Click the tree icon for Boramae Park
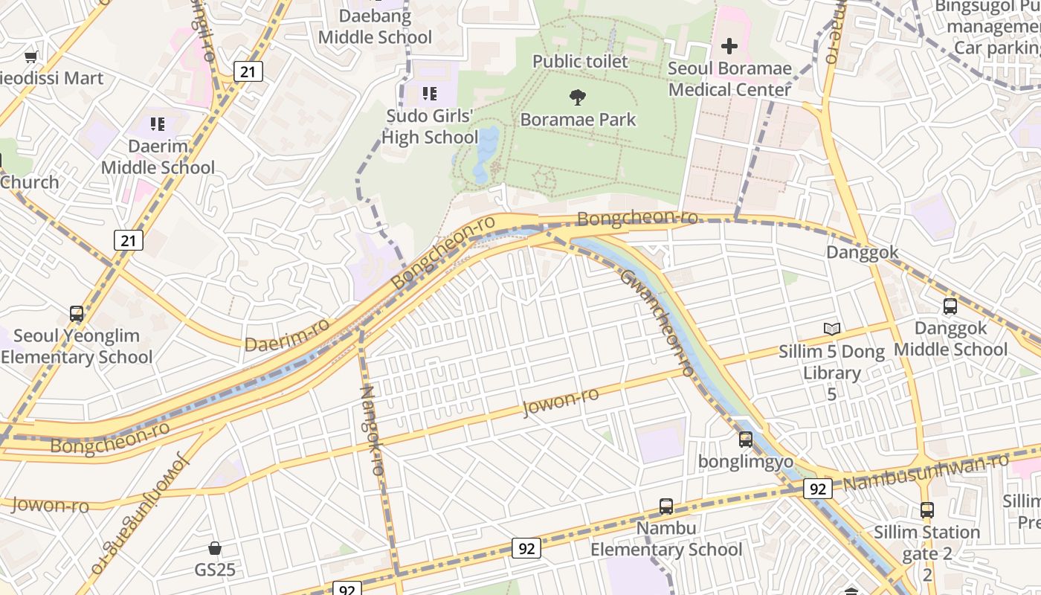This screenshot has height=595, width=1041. [x=577, y=97]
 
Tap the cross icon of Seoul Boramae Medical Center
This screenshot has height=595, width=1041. [x=729, y=46]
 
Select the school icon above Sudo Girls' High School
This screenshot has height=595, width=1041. [x=430, y=93]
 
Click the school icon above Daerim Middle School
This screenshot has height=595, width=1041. [x=157, y=123]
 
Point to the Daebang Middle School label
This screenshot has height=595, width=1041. [x=375, y=26]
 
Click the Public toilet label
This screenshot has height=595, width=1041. [x=580, y=61]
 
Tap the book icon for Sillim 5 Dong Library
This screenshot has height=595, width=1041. [x=831, y=329]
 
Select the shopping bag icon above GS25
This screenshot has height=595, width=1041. [x=215, y=548]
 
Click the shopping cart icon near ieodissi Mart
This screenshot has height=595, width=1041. [x=31, y=57]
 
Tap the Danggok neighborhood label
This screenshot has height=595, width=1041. [x=862, y=252]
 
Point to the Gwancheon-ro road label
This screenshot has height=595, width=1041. [x=657, y=321]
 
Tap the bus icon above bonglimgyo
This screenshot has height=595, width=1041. [x=746, y=440]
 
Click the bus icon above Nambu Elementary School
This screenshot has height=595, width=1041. [x=666, y=506]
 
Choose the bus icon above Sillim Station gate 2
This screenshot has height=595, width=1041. [x=926, y=510]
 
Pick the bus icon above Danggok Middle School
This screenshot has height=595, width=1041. [x=950, y=306]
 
